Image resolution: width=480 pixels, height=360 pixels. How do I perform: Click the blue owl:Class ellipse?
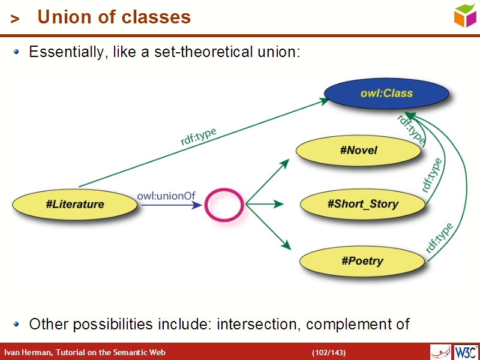pyautogui.click(x=386, y=94)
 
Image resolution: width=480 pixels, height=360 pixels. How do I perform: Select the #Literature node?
pyautogui.click(x=74, y=204)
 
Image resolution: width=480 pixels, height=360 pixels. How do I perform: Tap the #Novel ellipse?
pyautogui.click(x=359, y=150)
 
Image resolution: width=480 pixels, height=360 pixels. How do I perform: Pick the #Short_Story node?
pyautogui.click(x=362, y=204)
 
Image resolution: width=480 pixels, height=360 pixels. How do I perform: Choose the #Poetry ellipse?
pyautogui.click(x=362, y=261)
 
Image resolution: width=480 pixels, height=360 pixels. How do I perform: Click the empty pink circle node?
pyautogui.click(x=224, y=205)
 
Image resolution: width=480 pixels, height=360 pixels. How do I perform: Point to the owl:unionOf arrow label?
pyautogui.click(x=166, y=196)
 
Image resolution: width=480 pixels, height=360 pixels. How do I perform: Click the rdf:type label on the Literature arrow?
pyautogui.click(x=199, y=137)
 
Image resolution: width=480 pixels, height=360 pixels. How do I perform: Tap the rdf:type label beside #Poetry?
pyautogui.click(x=439, y=238)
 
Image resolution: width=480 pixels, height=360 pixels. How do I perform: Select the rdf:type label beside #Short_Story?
pyautogui.click(x=432, y=175)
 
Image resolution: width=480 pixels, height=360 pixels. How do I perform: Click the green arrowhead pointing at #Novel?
pyautogui.click(x=286, y=162)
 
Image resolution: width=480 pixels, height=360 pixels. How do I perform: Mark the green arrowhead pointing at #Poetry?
pyautogui.click(x=286, y=245)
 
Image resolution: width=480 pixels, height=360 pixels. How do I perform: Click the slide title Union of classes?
pyautogui.click(x=114, y=17)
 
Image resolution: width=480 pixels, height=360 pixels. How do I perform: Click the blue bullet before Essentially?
pyautogui.click(x=17, y=52)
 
